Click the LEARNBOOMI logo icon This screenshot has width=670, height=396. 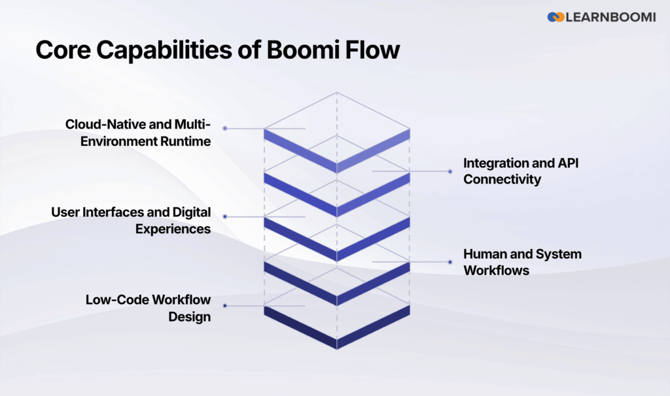(x=555, y=17)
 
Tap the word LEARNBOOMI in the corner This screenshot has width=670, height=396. (x=610, y=17)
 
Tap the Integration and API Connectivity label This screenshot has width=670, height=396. (x=521, y=171)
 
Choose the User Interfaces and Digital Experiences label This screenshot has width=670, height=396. (x=132, y=220)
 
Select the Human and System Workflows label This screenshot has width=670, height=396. (x=522, y=261)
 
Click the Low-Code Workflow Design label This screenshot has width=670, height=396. (x=149, y=308)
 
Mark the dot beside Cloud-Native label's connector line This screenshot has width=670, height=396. (x=224, y=129)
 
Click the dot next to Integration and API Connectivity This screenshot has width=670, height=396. (x=450, y=171)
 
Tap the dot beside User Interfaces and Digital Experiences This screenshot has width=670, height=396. (x=224, y=216)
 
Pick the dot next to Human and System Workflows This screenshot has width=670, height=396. (x=450, y=262)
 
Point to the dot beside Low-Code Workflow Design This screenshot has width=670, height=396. (x=224, y=305)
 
